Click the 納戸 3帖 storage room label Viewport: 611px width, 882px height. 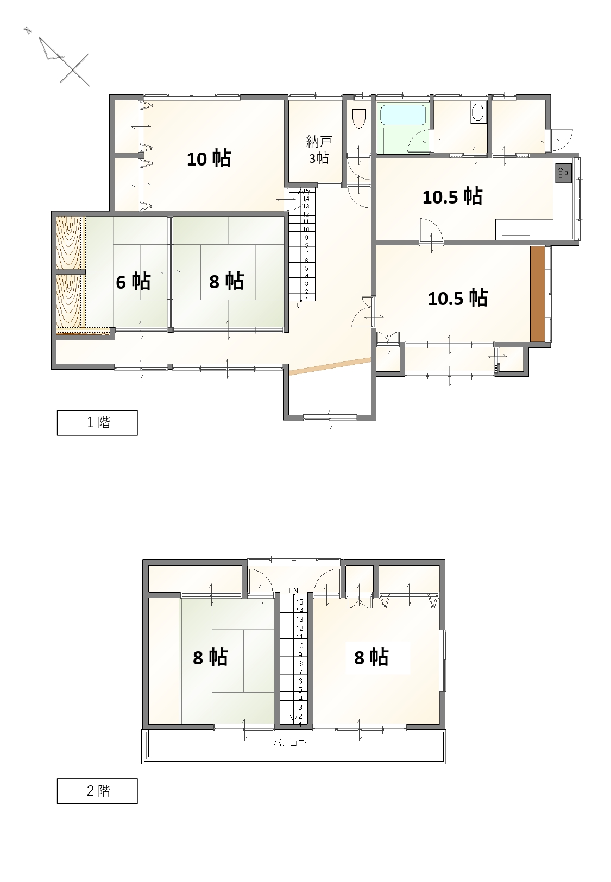(x=319, y=150)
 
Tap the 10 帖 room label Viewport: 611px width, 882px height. (x=209, y=158)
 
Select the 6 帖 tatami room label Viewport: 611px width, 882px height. (x=133, y=282)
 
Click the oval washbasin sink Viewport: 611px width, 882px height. (x=477, y=112)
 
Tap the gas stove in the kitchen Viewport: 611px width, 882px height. (x=563, y=173)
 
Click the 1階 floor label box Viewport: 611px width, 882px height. (x=97, y=422)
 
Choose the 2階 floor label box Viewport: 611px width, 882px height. (x=97, y=791)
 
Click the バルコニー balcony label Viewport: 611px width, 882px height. (x=293, y=743)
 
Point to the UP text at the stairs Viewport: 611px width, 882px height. (x=300, y=306)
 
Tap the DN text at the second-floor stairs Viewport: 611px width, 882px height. (x=293, y=590)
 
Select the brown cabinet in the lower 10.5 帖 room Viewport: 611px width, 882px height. (x=538, y=294)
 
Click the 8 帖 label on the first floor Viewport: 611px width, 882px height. (x=226, y=282)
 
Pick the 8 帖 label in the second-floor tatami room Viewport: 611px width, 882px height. (x=210, y=657)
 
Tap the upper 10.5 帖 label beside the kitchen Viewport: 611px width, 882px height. (x=452, y=196)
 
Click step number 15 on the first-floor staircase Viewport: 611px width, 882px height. (x=306, y=191)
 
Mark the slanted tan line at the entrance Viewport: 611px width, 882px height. (x=330, y=366)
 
